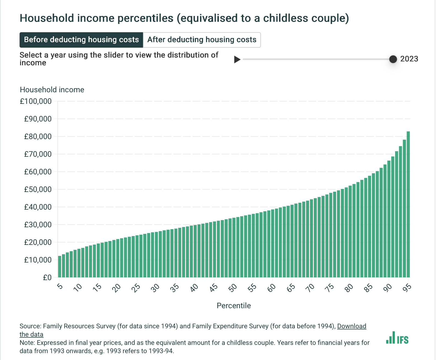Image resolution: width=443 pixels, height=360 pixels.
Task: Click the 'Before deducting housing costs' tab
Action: [x=81, y=40]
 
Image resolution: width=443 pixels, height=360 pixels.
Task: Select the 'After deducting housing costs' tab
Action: [x=202, y=40]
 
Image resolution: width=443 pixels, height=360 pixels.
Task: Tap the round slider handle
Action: [x=393, y=59]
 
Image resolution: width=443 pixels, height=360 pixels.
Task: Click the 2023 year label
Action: [x=409, y=59]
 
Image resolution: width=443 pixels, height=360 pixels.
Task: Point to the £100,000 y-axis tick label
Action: [x=36, y=101]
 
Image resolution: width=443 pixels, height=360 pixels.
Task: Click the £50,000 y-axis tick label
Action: [x=38, y=190]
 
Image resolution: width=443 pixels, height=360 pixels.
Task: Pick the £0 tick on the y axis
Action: [x=47, y=278]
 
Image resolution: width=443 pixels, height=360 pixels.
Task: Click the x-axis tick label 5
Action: [x=60, y=286]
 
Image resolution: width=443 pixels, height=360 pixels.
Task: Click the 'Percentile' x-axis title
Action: [x=234, y=306]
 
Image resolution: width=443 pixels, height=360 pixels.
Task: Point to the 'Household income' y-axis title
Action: [x=52, y=90]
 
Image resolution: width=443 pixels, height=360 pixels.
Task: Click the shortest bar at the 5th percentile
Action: [x=60, y=266]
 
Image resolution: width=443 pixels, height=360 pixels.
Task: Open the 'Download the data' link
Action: [x=352, y=326]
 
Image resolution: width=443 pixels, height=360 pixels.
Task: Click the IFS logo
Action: [x=397, y=338]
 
